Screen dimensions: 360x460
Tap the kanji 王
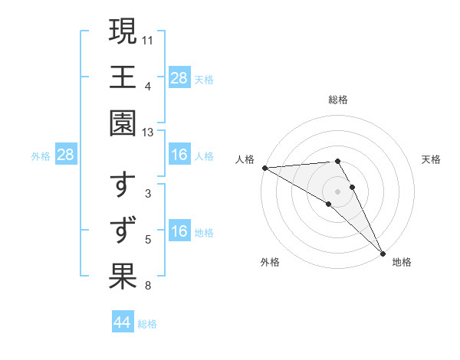pyautogui.click(x=123, y=77)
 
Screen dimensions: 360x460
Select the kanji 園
pyautogui.click(x=123, y=123)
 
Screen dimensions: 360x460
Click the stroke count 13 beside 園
pyautogui.click(x=148, y=133)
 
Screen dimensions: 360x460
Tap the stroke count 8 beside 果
pyautogui.click(x=148, y=286)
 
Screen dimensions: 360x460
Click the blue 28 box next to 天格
pyautogui.click(x=179, y=77)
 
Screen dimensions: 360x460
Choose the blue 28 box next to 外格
pyautogui.click(x=66, y=155)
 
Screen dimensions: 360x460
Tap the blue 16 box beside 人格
pyautogui.click(x=179, y=155)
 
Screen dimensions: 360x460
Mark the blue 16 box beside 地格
pyautogui.click(x=179, y=232)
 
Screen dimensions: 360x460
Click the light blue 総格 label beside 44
pyautogui.click(x=147, y=324)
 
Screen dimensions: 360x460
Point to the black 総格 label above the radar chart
pyautogui.click(x=338, y=100)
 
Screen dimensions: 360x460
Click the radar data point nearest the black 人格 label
pyautogui.click(x=264, y=168)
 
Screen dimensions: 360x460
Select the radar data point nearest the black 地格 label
pyautogui.click(x=382, y=253)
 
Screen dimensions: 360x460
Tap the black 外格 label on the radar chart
pyautogui.click(x=270, y=263)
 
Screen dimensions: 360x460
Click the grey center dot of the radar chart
pyautogui.click(x=338, y=191)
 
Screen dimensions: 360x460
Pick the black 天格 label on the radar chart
pyautogui.click(x=431, y=159)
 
